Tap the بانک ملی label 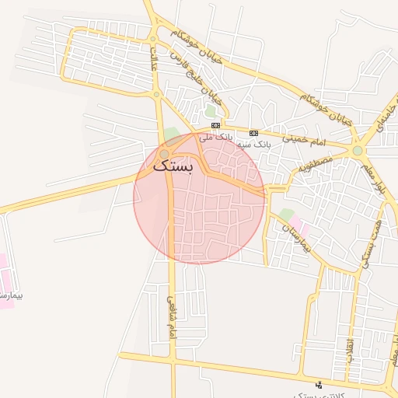point(216,138)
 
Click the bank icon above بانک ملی point(215,125)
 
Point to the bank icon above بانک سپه point(253,133)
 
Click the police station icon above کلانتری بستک point(318,384)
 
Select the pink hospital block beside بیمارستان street point(299,229)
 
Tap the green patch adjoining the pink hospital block point(287,215)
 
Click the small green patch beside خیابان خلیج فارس point(210,110)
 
